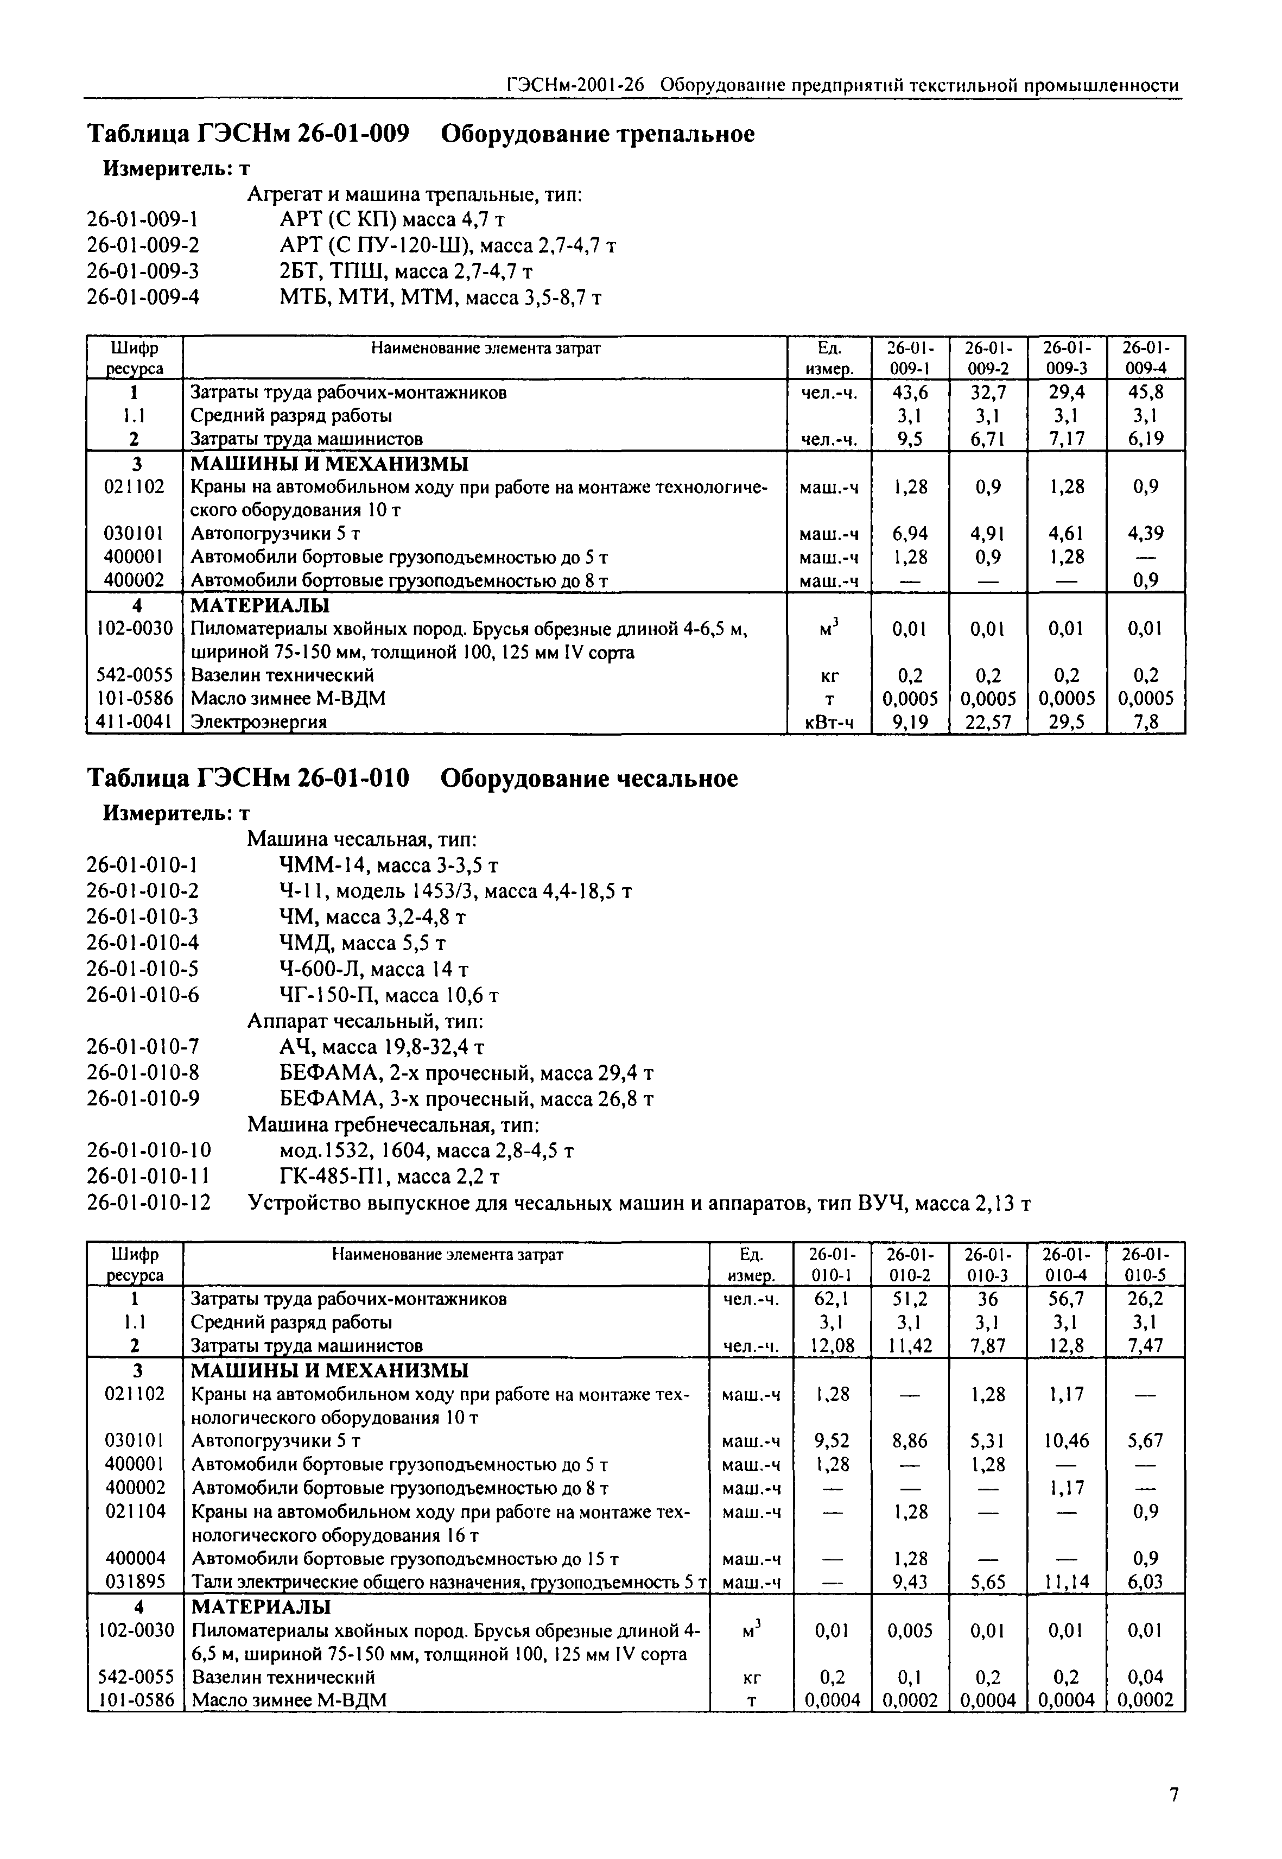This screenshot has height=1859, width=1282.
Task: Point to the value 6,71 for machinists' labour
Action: pyautogui.click(x=988, y=439)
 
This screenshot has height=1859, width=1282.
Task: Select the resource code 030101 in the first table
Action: pyautogui.click(x=134, y=534)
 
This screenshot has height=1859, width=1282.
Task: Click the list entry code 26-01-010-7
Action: pyautogui.click(x=143, y=1047)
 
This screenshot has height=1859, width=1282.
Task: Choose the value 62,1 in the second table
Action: pyautogui.click(x=832, y=1299)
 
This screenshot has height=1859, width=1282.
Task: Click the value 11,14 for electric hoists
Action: pyautogui.click(x=1067, y=1582)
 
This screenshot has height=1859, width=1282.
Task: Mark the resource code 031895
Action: pyautogui.click(x=135, y=1582)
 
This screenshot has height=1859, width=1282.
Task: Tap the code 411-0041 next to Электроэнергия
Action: pyautogui.click(x=134, y=722)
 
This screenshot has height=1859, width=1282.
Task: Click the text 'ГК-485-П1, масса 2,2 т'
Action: pyautogui.click(x=390, y=1177)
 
